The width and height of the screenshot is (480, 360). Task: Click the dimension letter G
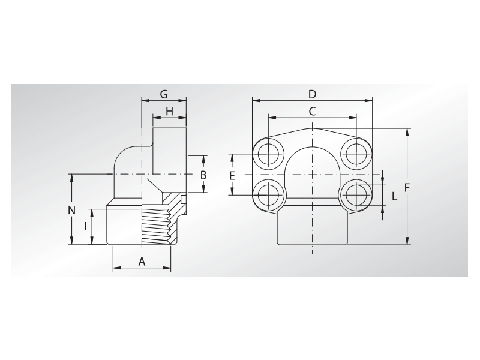tap(163, 94)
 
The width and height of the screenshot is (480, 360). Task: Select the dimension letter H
tap(169, 111)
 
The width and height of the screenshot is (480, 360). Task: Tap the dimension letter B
tap(203, 175)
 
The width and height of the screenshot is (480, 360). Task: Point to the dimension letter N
tap(71, 210)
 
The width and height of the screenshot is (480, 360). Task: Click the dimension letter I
tap(86, 226)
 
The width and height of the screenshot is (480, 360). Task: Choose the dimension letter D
tap(312, 94)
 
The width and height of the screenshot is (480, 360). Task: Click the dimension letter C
tap(312, 111)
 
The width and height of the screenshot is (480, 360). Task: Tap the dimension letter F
tap(407, 187)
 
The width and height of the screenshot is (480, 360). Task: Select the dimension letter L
tap(394, 196)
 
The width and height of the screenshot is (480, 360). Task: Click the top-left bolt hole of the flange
tap(266, 154)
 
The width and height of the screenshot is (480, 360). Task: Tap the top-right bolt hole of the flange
tap(357, 154)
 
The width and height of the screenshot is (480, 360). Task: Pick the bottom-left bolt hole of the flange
tap(266, 194)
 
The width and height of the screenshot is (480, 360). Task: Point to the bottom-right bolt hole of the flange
tap(357, 194)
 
